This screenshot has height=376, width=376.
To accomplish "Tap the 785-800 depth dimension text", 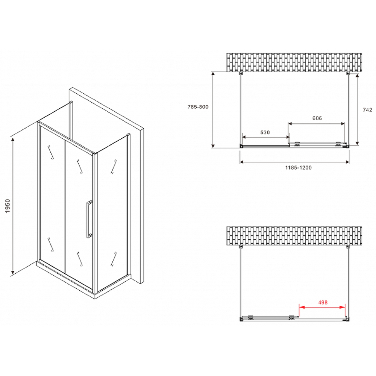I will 198,107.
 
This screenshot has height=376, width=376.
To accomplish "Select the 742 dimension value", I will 368,110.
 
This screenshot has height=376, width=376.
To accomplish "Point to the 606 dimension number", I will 317,118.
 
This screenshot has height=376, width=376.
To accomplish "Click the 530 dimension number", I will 265,132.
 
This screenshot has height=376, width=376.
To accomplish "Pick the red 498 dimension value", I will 323,302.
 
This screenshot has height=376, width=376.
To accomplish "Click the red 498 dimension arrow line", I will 323,307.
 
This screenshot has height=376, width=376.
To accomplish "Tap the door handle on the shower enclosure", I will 88,219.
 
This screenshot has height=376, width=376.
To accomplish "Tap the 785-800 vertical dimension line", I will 213,109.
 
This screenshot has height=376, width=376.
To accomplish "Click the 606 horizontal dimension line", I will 317,123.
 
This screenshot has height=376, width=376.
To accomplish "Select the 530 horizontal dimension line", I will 265,138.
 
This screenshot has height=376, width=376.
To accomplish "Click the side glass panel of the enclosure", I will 112,211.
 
